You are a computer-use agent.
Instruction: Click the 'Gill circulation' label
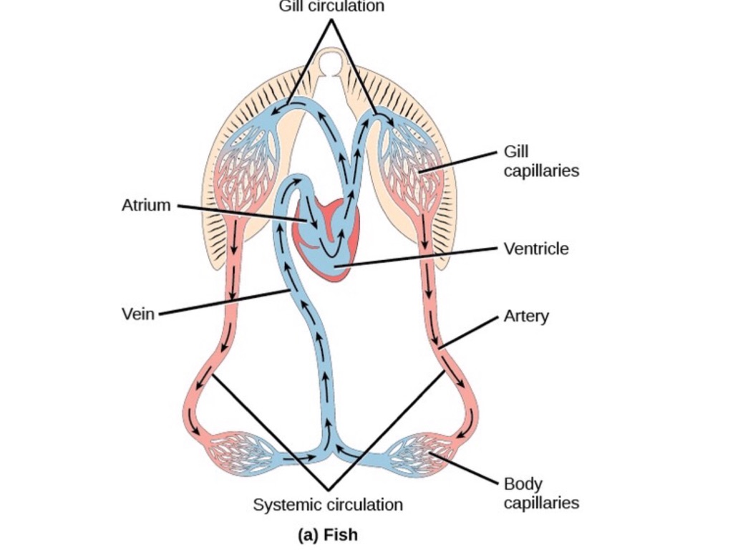(331, 6)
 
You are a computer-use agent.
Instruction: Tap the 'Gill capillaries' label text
(540, 162)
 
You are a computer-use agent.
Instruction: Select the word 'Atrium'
(146, 206)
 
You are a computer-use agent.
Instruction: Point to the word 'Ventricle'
(536, 249)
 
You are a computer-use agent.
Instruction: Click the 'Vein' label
(138, 314)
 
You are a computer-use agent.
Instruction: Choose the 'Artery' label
(526, 316)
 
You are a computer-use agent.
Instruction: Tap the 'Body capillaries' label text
(540, 493)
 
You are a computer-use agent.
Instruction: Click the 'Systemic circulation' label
(328, 505)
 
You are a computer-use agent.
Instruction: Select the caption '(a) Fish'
(327, 535)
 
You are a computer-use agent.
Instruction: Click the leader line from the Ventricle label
(422, 256)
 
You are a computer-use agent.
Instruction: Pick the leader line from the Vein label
(222, 302)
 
